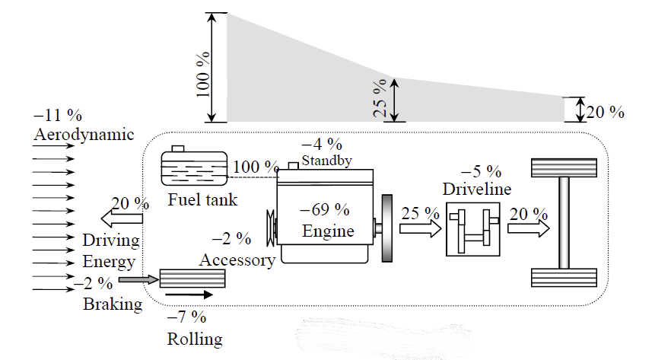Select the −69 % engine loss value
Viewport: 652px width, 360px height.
click(325, 209)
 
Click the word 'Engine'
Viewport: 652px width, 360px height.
click(328, 230)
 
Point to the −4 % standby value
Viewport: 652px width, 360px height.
click(322, 144)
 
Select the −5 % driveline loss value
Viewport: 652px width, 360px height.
click(481, 171)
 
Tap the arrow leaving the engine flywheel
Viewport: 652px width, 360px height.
click(419, 228)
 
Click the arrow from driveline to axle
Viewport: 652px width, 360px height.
click(529, 228)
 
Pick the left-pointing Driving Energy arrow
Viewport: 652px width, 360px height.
click(122, 219)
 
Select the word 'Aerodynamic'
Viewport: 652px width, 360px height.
click(84, 135)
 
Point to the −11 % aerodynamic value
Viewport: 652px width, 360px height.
click(58, 116)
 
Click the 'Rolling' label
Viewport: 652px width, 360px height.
click(195, 339)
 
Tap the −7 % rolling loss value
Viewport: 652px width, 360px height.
click(186, 316)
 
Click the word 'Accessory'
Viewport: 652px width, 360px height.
click(237, 260)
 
